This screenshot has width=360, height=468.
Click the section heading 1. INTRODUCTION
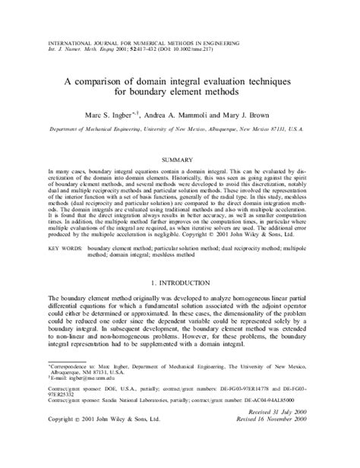(x=180, y=282)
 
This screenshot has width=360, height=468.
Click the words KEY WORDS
(x=66, y=248)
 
